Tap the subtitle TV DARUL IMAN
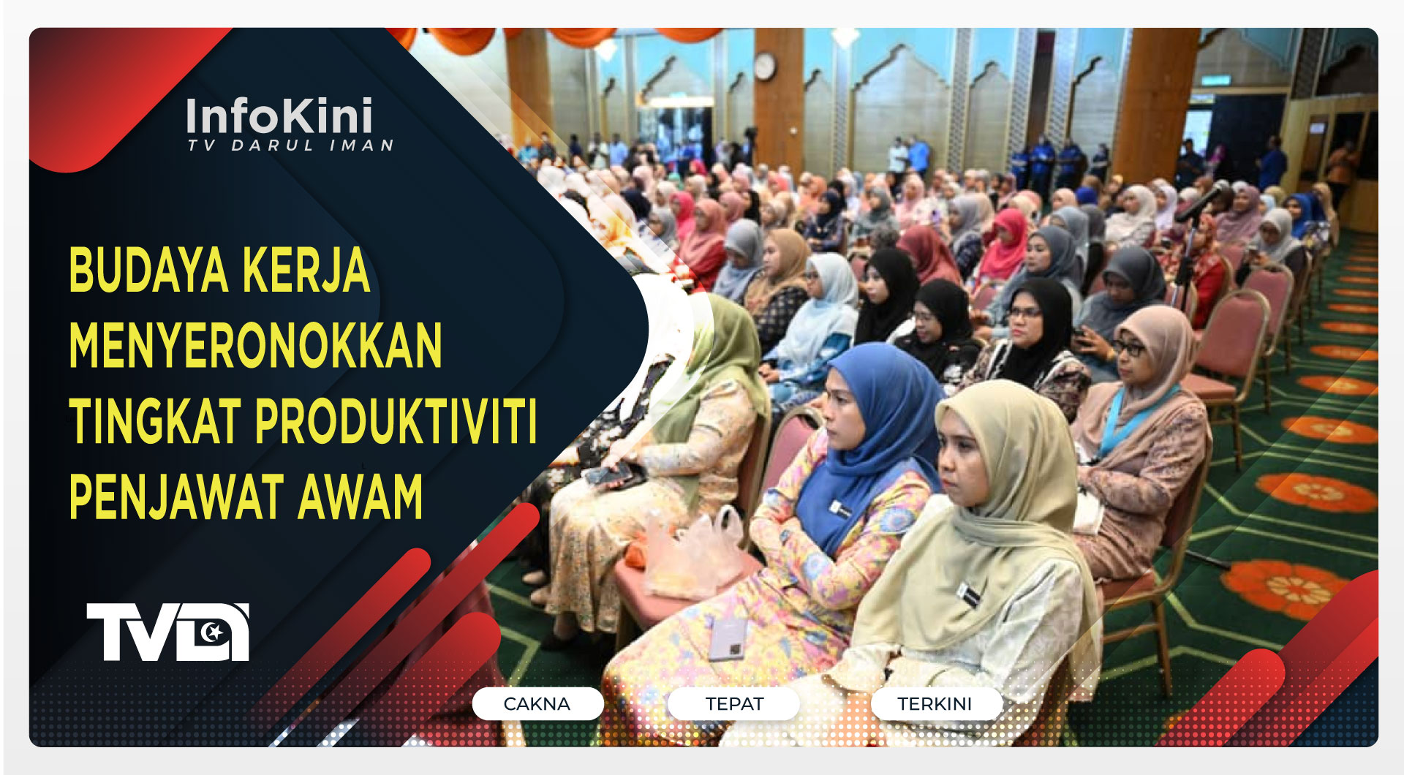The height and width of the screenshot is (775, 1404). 291,145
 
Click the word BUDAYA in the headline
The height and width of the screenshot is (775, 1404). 148,271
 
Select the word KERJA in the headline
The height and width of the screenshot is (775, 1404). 306,271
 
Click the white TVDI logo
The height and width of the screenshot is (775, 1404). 168,632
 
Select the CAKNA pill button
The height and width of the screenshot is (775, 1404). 537,703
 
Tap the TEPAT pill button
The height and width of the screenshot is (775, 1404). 734,703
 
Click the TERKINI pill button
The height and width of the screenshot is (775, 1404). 935,703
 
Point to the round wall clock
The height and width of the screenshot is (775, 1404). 764,67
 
